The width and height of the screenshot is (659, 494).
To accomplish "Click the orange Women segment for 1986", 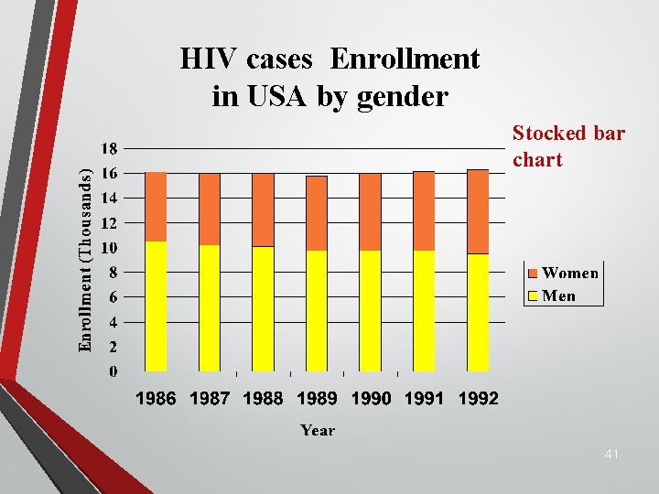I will coord(156,207).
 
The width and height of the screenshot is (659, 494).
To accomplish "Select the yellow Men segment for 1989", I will coord(317,311).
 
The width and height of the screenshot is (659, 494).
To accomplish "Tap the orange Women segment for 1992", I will coord(478,211).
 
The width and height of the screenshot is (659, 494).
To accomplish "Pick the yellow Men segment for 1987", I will coord(210,308).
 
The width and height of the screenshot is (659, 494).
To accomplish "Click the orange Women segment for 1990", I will coord(370,211).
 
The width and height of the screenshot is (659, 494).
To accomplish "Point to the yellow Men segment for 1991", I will coord(424,311).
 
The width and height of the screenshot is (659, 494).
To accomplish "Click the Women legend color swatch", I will coord(532,274).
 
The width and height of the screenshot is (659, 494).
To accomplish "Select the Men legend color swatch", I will coord(532,295).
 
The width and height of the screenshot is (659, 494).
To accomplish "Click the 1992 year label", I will coord(478,399).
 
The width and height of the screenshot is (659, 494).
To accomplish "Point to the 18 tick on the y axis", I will coord(107,148).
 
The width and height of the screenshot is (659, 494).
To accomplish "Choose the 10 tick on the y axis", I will coord(107,248).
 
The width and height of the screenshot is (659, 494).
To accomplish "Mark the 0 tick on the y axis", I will coord(113,371).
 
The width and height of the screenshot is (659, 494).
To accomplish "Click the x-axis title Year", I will coord(318,430).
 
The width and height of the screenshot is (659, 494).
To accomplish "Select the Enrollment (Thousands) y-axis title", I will coord(85,260).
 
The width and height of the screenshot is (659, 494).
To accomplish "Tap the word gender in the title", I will coord(405,96).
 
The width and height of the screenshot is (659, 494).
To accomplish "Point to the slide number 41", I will coord(612,454).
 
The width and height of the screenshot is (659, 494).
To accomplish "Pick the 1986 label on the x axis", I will coord(157,399).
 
